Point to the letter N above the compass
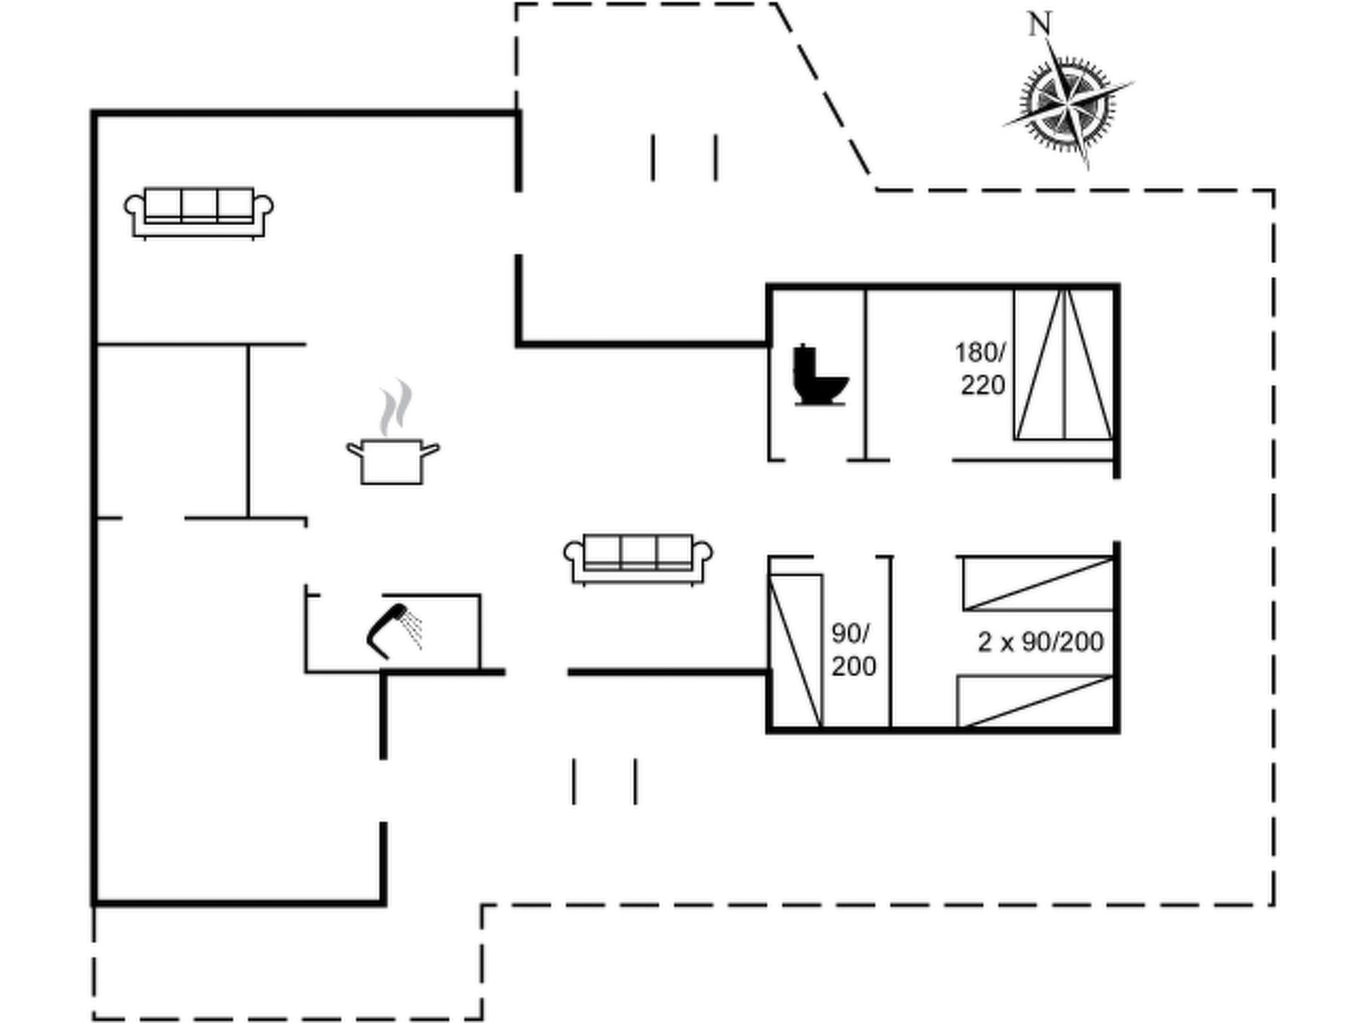coord(1040,25)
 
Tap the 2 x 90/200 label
coord(1040,642)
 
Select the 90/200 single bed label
coord(852,649)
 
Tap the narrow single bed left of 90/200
coord(795,651)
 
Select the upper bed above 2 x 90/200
coord(1038,583)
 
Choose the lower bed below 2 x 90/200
coord(1035,701)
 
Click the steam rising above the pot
coord(395,406)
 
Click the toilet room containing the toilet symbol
coord(818,374)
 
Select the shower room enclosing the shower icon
coord(393,633)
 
